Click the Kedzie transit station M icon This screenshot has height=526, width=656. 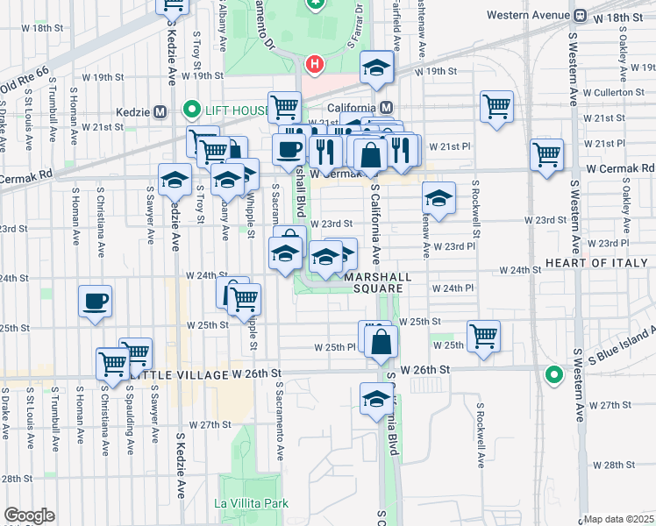coord(160,111)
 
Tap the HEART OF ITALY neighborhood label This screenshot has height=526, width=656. coord(601,263)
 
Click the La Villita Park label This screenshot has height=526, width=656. coord(252,504)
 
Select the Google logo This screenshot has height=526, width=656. coord(29,515)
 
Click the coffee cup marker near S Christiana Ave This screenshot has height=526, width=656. coord(96,301)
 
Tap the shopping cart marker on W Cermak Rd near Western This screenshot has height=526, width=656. coord(547,154)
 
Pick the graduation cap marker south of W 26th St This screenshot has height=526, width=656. coord(376,398)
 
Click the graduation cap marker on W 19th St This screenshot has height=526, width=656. coord(376,67)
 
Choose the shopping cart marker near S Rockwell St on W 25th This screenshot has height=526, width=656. coord(483,335)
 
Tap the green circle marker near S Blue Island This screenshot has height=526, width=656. coord(553,374)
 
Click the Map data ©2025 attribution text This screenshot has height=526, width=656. coord(619,519)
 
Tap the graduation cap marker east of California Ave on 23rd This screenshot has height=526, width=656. coord(439,198)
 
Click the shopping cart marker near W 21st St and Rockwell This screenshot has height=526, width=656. coord(496,107)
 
